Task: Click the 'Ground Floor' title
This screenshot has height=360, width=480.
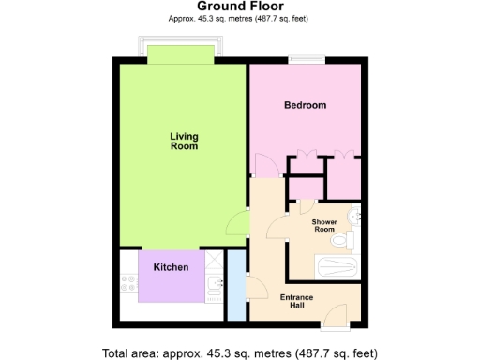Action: (x=239, y=7)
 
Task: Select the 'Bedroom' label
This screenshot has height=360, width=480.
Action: (x=305, y=105)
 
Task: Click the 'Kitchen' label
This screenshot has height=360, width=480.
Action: (x=172, y=267)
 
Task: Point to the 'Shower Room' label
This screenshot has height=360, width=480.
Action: (x=323, y=225)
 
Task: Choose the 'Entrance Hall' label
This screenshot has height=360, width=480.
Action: (x=298, y=302)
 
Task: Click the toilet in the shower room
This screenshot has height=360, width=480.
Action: (x=348, y=241)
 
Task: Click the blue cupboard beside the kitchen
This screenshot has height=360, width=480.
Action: (x=236, y=277)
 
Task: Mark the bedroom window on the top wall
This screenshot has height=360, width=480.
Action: (x=307, y=61)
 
